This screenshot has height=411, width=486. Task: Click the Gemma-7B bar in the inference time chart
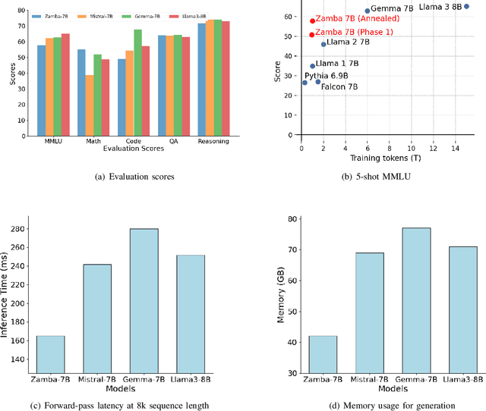(x=144, y=300)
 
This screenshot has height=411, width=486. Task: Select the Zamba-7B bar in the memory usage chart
(x=323, y=354)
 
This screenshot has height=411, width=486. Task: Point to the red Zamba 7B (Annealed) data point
(x=312, y=21)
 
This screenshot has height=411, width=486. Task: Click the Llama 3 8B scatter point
(x=466, y=6)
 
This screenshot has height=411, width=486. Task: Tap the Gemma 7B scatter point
(x=367, y=11)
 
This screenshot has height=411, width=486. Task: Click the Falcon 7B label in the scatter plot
(x=339, y=86)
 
